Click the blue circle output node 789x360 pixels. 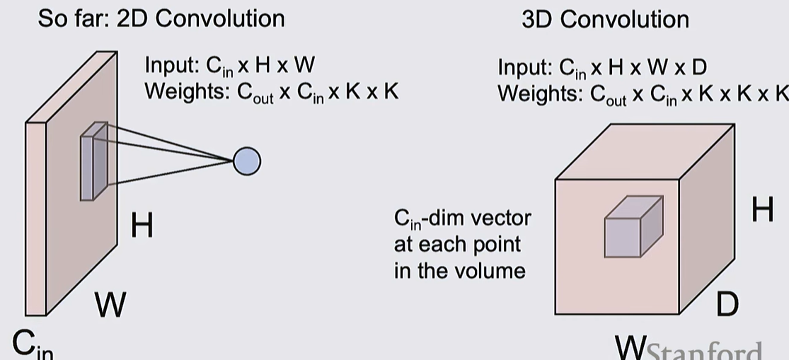(x=246, y=161)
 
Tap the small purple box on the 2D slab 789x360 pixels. (x=93, y=161)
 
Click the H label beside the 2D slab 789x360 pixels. (x=142, y=226)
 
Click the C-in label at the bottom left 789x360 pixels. (x=33, y=344)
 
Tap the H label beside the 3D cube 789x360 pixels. (x=762, y=209)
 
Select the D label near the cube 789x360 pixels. (x=727, y=304)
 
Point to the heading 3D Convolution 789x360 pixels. (x=605, y=19)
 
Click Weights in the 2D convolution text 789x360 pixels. (x=183, y=91)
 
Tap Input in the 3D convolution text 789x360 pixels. (x=524, y=67)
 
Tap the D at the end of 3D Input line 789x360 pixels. (x=698, y=67)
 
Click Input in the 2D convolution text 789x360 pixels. (x=172, y=65)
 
